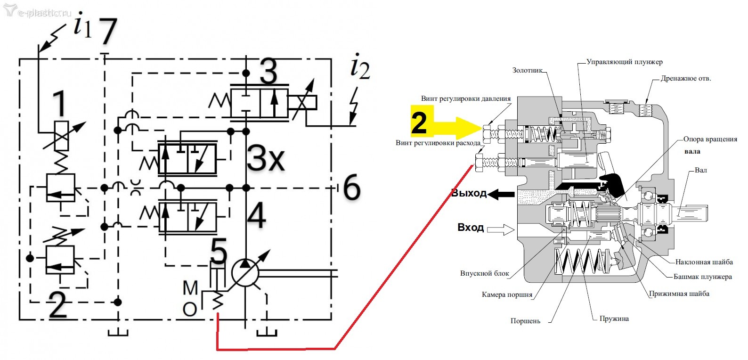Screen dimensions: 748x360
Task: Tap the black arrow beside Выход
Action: (501, 194)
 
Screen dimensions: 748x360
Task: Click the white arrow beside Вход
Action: (501, 229)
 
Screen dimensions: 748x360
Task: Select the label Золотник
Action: (527, 70)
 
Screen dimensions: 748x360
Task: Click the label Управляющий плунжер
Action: (625, 62)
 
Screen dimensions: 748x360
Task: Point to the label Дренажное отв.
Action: (686, 79)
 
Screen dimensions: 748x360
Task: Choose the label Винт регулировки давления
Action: (466, 98)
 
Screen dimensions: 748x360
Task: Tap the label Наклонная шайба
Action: (704, 262)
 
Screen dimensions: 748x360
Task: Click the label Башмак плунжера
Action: (703, 277)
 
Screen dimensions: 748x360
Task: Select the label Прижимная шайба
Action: (679, 294)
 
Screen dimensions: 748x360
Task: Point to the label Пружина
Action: (614, 319)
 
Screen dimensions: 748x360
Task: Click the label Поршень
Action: (525, 321)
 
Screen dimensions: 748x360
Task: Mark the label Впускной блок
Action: (485, 273)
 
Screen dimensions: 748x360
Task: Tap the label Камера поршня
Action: (507, 295)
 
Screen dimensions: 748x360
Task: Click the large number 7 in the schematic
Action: (107, 32)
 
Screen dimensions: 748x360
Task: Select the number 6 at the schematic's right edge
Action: (352, 188)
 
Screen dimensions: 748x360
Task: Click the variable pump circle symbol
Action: (245, 273)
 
